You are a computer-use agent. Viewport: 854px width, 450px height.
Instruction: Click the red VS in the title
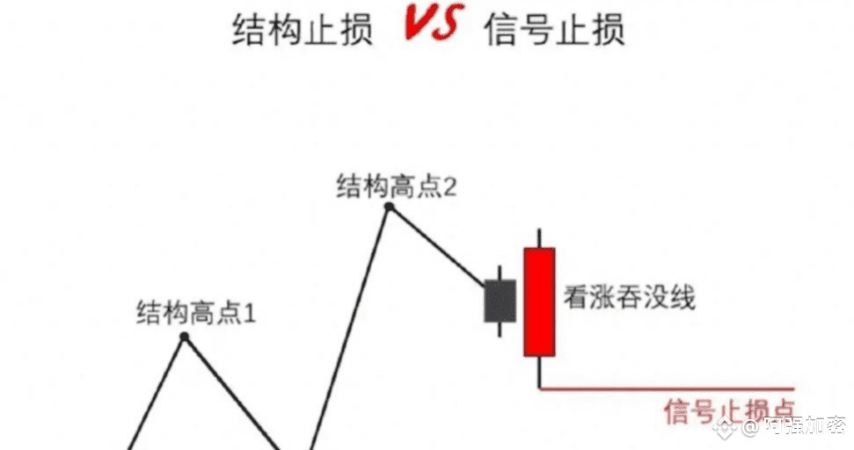430,25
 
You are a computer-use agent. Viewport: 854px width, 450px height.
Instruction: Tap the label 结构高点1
195,312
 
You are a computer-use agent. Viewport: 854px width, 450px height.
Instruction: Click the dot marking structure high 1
185,337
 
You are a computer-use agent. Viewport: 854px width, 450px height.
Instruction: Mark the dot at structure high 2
389,207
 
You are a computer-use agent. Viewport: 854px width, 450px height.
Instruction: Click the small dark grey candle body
500,301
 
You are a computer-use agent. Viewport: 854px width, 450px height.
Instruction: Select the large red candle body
539,301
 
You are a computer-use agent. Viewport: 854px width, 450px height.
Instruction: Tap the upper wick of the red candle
539,238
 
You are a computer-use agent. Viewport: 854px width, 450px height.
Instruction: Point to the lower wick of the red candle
539,371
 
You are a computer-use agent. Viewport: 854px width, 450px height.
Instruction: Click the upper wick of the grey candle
500,272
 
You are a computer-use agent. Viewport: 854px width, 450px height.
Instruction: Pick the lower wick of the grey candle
500,329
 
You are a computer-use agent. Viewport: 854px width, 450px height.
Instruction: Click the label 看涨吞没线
630,298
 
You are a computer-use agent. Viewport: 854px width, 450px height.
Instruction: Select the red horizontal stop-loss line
668,388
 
